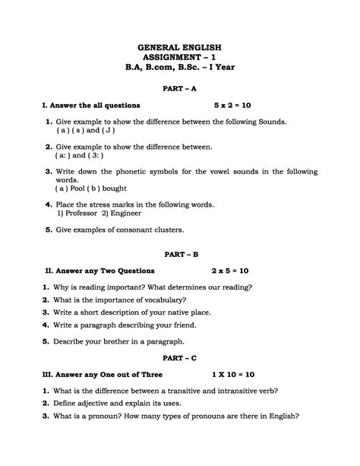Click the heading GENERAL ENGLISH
tap(180, 48)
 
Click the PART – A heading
tap(180, 88)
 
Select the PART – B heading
tap(180, 252)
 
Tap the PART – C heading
tap(180, 355)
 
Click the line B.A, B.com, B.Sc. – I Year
tap(180, 68)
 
